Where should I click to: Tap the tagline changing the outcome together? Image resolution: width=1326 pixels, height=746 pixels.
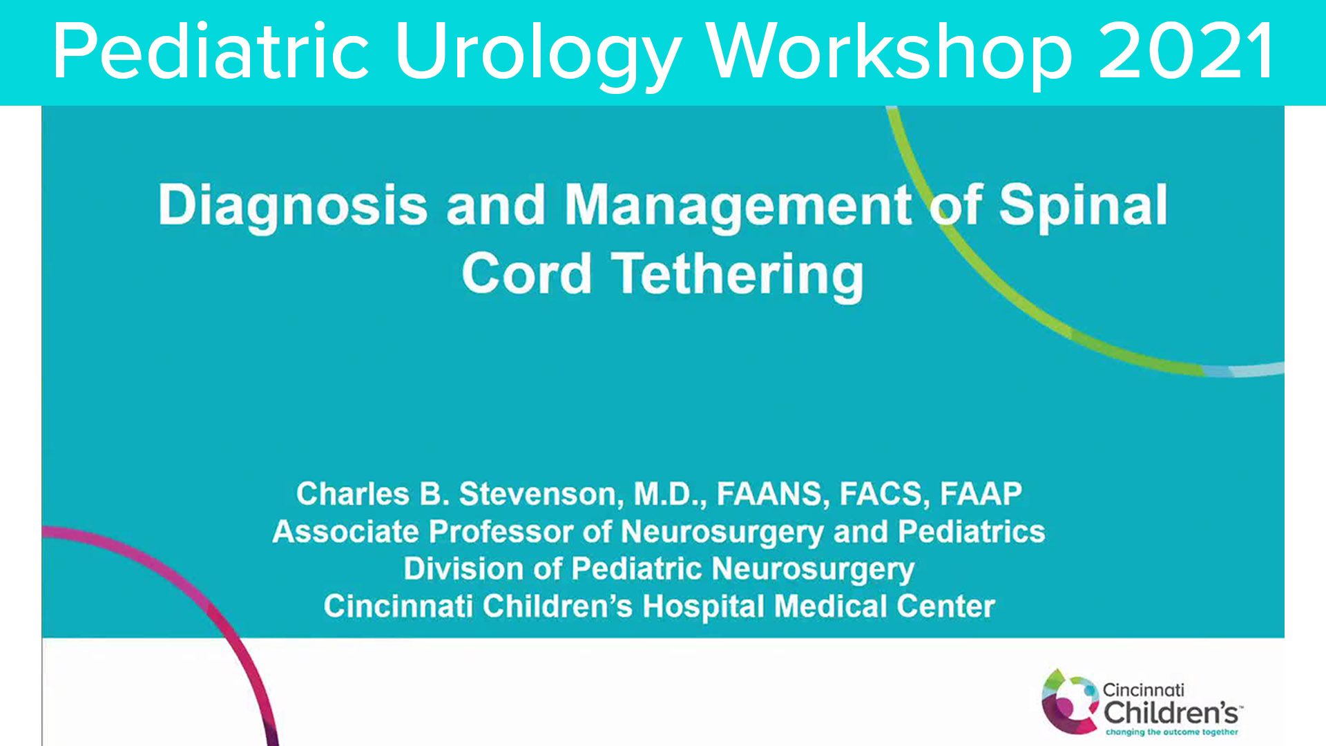point(1172,732)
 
